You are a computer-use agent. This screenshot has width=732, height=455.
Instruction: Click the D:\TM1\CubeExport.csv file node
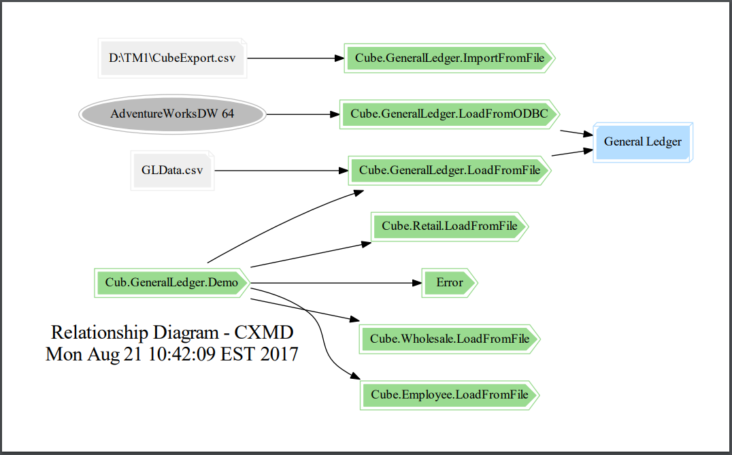click(x=171, y=58)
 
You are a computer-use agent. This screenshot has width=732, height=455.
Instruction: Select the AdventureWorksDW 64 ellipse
click(x=171, y=114)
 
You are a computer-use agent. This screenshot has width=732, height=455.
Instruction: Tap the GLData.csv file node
click(x=172, y=170)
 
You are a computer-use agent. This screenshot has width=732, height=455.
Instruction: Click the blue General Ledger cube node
click(x=642, y=142)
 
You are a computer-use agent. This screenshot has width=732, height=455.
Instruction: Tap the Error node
click(x=449, y=282)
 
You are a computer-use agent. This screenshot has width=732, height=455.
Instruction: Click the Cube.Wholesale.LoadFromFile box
click(x=450, y=338)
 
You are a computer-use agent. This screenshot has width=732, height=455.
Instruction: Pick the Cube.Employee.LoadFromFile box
click(x=450, y=394)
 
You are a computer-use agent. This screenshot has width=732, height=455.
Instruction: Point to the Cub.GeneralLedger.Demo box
click(x=171, y=282)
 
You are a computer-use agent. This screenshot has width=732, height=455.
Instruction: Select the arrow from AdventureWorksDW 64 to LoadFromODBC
click(x=303, y=114)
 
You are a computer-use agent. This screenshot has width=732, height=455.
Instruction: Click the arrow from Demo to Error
click(x=333, y=282)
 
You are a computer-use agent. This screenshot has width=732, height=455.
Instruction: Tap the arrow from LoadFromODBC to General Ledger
click(x=576, y=133)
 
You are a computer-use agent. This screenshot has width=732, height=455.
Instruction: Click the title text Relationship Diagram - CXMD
click(x=172, y=333)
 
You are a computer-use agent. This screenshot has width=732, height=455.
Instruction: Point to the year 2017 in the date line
click(x=279, y=354)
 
